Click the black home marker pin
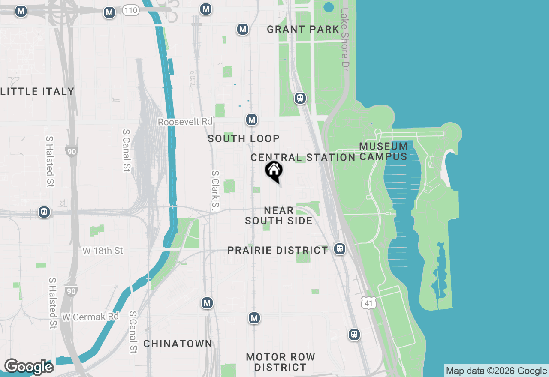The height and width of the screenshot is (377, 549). tap(274, 171)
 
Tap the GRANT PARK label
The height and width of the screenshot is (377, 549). tap(303, 30)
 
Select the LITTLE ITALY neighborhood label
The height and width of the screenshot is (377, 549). tap(37, 91)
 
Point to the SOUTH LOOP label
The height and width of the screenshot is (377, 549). tap(244, 138)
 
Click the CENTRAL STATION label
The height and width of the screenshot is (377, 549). tap(303, 157)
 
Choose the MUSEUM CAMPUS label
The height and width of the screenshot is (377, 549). tap(383, 151)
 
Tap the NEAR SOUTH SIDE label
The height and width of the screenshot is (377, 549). tap(279, 215)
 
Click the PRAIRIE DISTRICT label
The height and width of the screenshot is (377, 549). tap(278, 250)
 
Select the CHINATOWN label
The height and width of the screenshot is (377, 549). tap(178, 344)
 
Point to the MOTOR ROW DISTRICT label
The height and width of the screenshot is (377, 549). tap(281, 362)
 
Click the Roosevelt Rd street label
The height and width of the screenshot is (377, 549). tap(185, 122)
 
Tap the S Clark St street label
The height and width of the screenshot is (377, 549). tap(215, 191)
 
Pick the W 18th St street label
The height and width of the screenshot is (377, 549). tap(103, 251)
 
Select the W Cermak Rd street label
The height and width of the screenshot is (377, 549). tap(90, 317)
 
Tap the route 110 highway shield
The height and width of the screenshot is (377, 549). tap(130, 11)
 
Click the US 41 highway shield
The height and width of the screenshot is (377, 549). tap(369, 302)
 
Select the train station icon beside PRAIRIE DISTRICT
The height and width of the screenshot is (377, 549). tap(340, 249)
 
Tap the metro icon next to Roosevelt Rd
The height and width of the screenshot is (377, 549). tap(252, 120)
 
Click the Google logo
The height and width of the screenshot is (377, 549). tap(28, 367)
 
